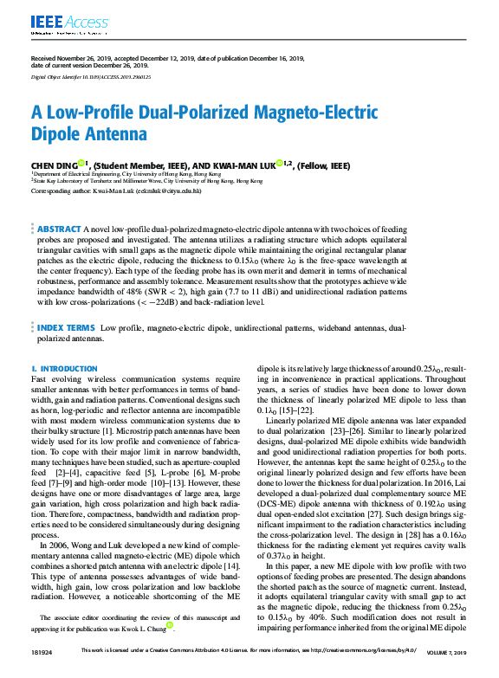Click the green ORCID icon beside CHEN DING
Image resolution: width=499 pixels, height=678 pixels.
81,162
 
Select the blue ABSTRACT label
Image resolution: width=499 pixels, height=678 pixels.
59,228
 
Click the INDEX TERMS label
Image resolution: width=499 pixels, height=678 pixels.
66,328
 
